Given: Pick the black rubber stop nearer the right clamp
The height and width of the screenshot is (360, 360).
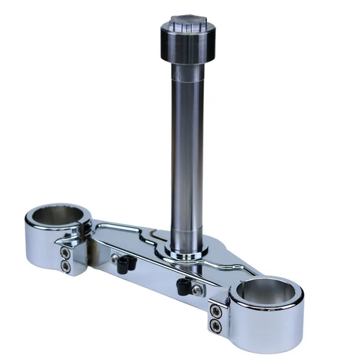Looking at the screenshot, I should point(184,286).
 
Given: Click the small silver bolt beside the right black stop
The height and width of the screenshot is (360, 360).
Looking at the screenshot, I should point(195,291).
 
